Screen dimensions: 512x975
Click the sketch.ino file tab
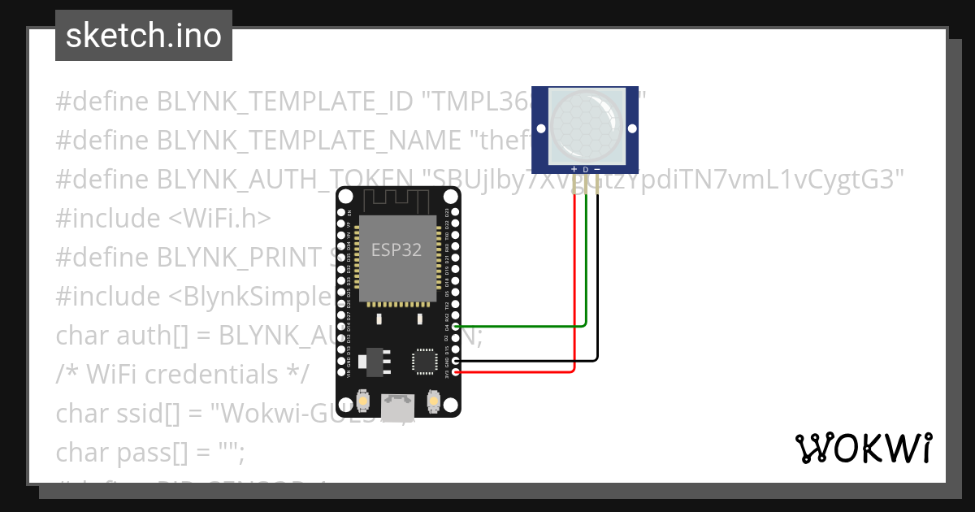point(144,36)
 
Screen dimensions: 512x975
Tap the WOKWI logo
point(862,449)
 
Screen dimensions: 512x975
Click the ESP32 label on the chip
point(396,249)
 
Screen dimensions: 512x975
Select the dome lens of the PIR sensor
point(585,124)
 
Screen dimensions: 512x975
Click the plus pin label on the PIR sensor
point(575,170)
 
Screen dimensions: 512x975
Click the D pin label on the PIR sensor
point(586,170)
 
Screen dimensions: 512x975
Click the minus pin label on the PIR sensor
point(597,170)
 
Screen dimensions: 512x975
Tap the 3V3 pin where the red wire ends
point(456,372)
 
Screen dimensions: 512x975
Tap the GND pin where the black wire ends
point(456,361)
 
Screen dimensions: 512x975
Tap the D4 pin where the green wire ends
point(456,327)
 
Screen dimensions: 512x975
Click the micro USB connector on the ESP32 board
point(398,408)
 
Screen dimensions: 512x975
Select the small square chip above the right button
point(424,362)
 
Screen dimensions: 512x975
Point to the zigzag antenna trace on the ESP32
point(398,200)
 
